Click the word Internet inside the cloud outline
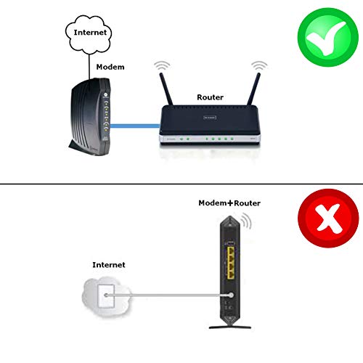(90, 33)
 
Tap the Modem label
(110, 67)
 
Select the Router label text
(210, 97)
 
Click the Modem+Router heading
(229, 203)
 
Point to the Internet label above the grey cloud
(109, 265)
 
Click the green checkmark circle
(328, 37)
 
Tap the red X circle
(328, 218)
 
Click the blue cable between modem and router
(135, 126)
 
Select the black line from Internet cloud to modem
(89, 67)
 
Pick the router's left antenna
(166, 89)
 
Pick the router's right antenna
(253, 89)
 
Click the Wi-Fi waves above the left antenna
(162, 65)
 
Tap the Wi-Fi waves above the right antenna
(259, 65)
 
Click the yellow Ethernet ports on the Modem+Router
(231, 263)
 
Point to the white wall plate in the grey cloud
(106, 296)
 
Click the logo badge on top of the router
(210, 118)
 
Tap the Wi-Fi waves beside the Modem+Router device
(247, 221)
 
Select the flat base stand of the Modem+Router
(230, 327)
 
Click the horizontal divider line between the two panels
(181, 184)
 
